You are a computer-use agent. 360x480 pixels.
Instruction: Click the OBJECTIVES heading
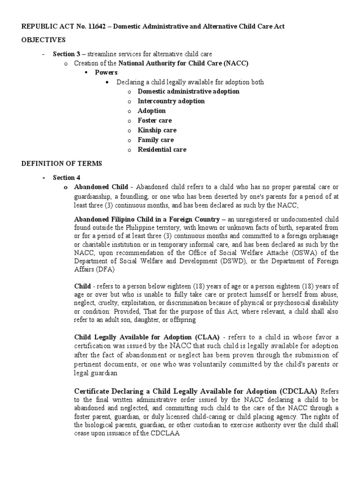pos(44,39)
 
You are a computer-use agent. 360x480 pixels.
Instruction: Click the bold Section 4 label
pos(63,177)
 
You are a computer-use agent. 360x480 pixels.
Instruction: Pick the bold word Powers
pos(106,73)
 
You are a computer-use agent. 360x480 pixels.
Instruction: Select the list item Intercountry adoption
pos(171,101)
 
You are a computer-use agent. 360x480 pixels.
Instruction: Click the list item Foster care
pos(156,120)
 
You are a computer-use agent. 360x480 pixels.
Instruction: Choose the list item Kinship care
pos(157,130)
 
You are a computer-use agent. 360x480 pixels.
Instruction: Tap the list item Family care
pos(156,140)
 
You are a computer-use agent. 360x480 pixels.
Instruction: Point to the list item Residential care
pos(162,150)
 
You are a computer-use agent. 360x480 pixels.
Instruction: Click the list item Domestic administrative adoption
pos(188,91)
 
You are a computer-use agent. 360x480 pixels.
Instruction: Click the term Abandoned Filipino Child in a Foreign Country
pos(147,219)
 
